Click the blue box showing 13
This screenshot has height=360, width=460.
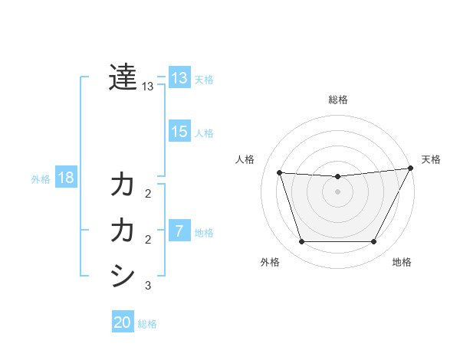(x=179, y=77)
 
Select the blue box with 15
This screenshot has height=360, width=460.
(x=179, y=132)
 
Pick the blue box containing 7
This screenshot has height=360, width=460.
(x=179, y=231)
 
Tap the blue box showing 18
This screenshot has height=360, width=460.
(x=66, y=178)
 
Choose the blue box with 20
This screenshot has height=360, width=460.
(x=123, y=322)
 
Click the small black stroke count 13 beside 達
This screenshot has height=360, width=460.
(x=148, y=87)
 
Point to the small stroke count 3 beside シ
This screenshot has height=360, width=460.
(x=148, y=286)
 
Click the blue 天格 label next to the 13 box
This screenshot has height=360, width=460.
(x=204, y=79)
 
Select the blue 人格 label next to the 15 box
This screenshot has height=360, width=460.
(x=204, y=133)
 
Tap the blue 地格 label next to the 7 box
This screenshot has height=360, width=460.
(x=204, y=233)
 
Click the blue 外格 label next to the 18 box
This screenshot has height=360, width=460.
(x=41, y=179)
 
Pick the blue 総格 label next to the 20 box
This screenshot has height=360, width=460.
(x=147, y=324)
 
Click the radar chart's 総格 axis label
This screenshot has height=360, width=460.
(x=337, y=100)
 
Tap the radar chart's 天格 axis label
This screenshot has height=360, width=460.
(x=431, y=159)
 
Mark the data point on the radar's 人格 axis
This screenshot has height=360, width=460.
(x=280, y=173)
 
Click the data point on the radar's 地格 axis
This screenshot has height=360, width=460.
(x=373, y=242)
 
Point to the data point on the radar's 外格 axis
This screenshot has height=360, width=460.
(x=301, y=242)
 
